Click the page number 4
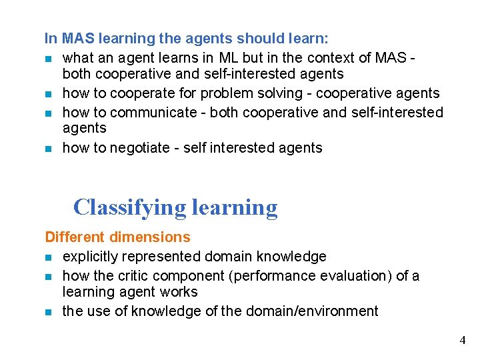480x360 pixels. pos(463,341)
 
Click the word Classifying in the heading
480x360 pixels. pos(129,207)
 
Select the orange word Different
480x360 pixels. pos(74,237)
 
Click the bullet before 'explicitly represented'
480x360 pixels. pos(49,257)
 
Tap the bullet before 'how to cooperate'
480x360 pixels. pos(49,93)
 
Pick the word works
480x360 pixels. pos(179,292)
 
